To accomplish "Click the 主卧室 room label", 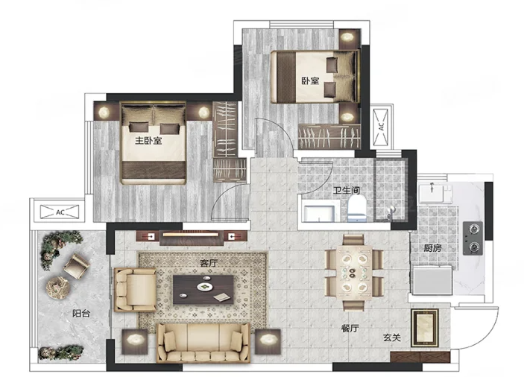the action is [148, 140].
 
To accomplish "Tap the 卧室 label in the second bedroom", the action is [310, 80].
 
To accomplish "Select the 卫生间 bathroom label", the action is [347, 190].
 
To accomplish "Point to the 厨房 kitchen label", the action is [433, 248].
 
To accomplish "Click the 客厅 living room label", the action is [209, 263].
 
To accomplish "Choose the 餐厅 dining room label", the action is [350, 329].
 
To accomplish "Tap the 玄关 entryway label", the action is [391, 338].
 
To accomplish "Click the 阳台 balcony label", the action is [81, 313].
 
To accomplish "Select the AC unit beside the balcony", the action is [60, 212].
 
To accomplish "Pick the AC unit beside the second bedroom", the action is [381, 127].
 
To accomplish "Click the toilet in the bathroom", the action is [357, 209].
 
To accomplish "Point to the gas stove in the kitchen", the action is [473, 238].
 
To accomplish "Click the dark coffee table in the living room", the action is [203, 290].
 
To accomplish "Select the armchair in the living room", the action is [135, 289].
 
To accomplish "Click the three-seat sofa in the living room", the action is [203, 343].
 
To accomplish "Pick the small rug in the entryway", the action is [425, 329].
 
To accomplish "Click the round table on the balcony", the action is [58, 288].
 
